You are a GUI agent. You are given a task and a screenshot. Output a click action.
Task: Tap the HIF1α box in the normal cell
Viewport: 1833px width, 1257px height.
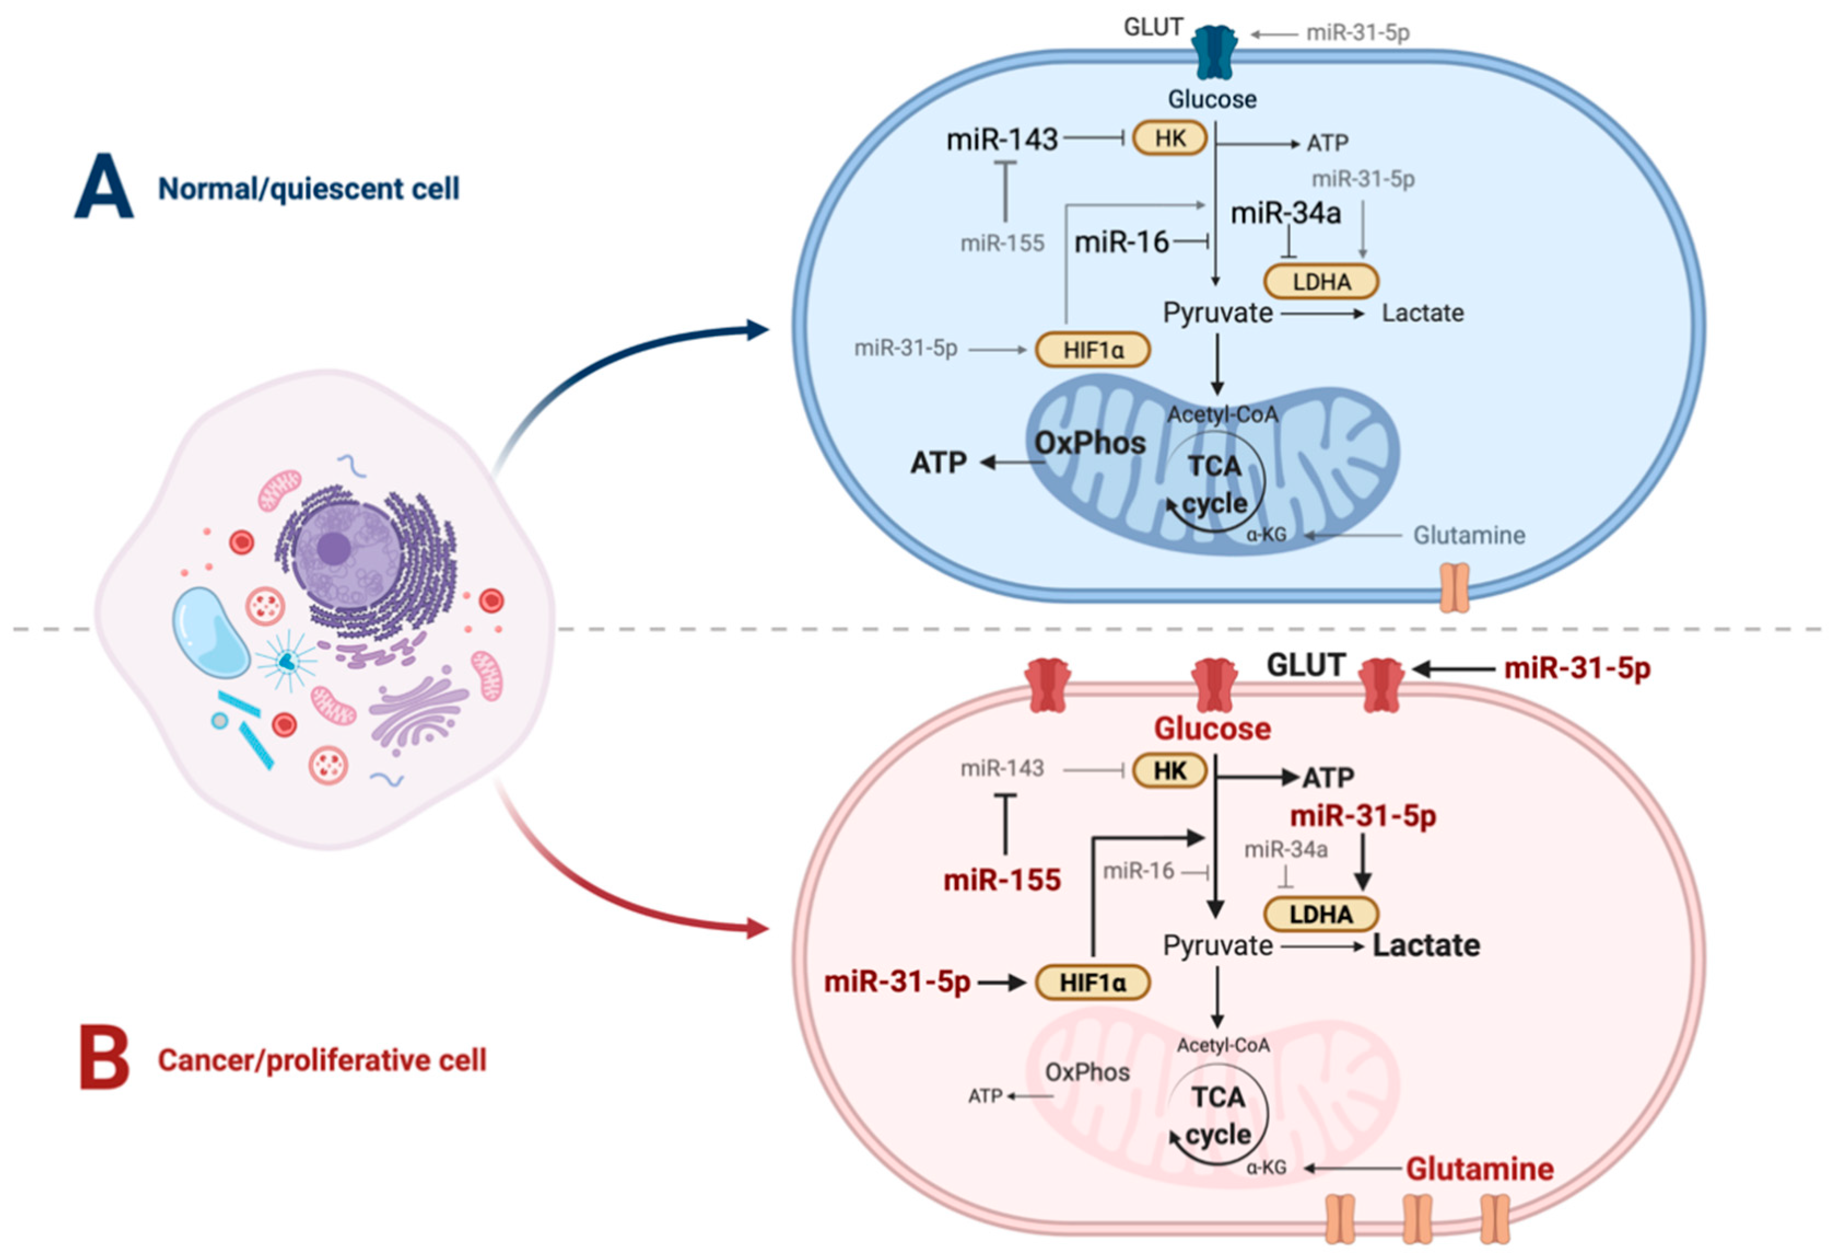pos(1092,349)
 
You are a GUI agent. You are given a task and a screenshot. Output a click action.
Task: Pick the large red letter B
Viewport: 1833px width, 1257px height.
pos(104,1057)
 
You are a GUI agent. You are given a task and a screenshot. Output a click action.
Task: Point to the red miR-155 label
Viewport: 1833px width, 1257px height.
pos(1002,879)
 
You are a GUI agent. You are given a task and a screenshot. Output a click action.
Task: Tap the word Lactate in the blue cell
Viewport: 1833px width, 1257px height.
pos(1422,313)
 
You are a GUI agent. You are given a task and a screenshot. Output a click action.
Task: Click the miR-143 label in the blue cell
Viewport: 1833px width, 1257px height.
pos(1002,139)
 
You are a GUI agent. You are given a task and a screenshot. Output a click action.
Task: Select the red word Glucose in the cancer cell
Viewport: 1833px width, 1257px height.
pos(1213,728)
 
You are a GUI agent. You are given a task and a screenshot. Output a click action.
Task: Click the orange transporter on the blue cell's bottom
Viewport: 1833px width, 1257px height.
pos(1454,587)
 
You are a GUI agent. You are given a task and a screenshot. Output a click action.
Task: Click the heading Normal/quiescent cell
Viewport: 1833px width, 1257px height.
pos(308,189)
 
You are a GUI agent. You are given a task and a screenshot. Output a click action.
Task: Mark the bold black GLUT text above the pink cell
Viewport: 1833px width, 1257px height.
pos(1305,665)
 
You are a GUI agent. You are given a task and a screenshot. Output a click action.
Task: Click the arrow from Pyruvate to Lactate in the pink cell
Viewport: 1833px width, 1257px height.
pos(1321,945)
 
